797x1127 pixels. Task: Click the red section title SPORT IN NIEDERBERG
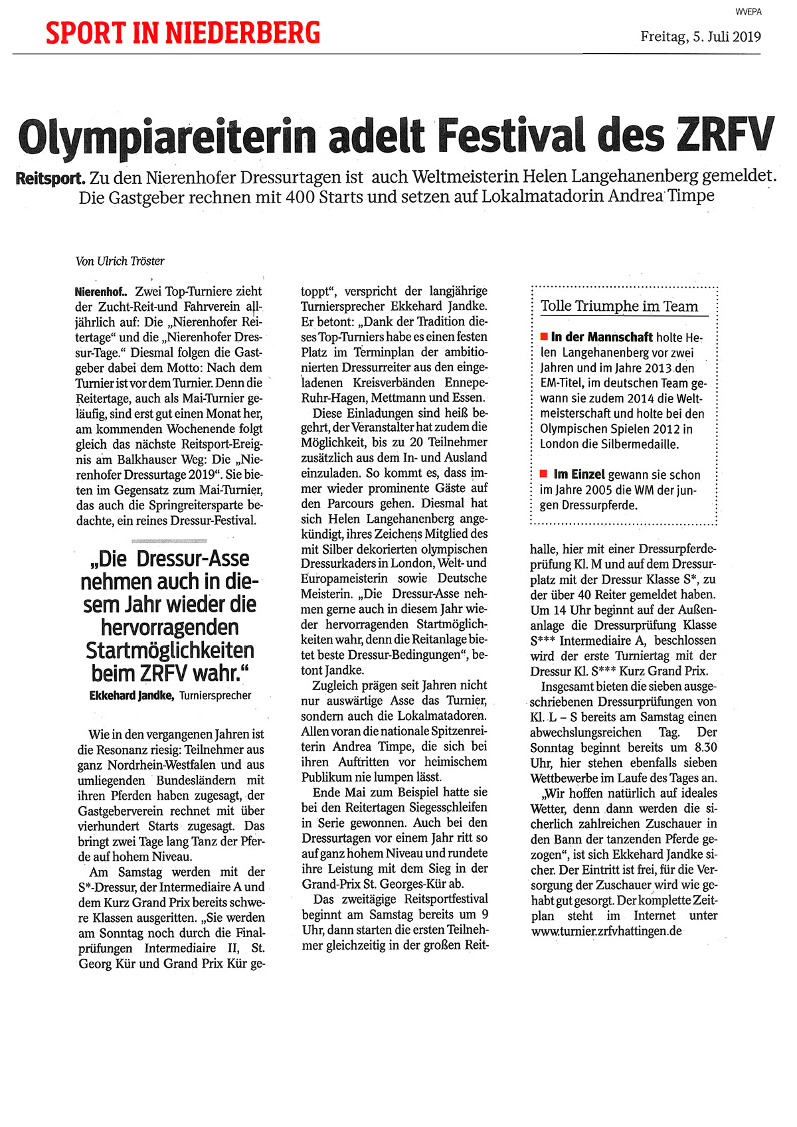point(183,33)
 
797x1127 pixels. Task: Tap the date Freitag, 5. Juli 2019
point(700,37)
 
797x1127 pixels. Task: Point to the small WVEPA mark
point(748,11)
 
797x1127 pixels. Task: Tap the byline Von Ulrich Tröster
point(120,261)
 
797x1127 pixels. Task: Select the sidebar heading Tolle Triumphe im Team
point(619,306)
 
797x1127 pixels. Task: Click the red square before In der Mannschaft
point(544,337)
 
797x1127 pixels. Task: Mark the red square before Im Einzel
point(544,474)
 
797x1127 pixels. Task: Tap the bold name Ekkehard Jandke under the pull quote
point(132,695)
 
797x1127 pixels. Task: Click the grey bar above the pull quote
point(169,541)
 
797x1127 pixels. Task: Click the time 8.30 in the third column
point(704,747)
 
